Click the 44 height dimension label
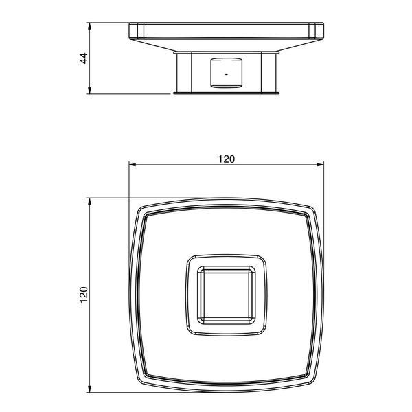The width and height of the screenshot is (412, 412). [84, 58]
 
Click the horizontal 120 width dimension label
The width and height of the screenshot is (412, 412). [227, 159]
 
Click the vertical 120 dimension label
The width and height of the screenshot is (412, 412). [84, 295]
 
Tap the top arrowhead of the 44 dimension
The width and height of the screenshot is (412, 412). [90, 26]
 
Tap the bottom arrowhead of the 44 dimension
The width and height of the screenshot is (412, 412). [90, 91]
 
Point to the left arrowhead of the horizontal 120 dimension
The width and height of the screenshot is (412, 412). [132, 165]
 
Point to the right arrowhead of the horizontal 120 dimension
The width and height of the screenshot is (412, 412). [321, 165]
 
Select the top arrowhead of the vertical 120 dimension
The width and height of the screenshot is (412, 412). [90, 201]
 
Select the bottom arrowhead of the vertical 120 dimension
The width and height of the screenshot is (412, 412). [90, 389]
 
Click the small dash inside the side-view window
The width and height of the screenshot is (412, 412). [227, 75]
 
